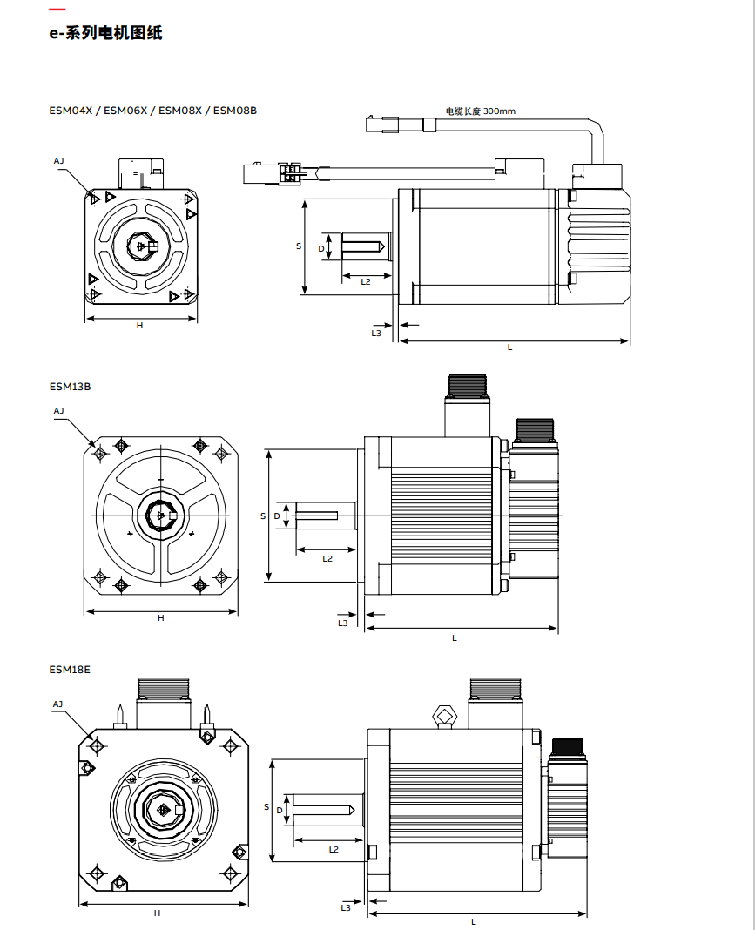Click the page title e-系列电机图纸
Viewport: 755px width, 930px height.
coord(105,34)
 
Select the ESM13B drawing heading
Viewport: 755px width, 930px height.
coord(70,386)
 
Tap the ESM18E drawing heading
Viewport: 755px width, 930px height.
coord(70,670)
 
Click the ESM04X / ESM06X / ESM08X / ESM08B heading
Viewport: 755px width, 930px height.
coord(152,111)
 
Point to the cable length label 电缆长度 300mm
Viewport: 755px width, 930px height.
coord(480,111)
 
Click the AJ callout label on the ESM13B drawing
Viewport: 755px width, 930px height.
coord(58,410)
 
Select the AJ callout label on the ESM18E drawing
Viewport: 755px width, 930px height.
coord(57,704)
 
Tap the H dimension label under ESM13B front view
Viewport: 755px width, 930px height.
coord(161,617)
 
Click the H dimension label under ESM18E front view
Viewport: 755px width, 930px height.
coord(158,913)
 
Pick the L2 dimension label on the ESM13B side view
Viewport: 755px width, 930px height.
coord(327,558)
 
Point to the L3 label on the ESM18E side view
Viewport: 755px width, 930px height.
coord(346,907)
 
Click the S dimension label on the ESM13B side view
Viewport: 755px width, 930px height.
coord(263,516)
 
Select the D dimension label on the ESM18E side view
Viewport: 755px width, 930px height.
coord(279,810)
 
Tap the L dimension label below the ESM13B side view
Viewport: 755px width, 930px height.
coord(455,637)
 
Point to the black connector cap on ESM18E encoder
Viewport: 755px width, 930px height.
coord(568,746)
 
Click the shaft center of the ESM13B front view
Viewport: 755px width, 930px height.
coord(161,516)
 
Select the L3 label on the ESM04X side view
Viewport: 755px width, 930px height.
coord(376,332)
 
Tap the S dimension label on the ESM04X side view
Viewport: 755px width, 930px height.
coord(299,246)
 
